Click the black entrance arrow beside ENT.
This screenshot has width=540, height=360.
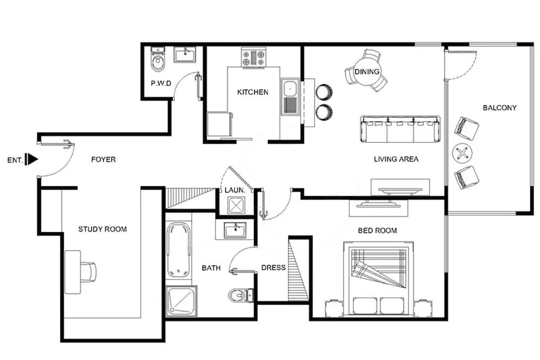click(31, 160)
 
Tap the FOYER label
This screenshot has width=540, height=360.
click(103, 159)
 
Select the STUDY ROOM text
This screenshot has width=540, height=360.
click(102, 229)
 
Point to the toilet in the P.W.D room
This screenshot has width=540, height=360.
click(158, 59)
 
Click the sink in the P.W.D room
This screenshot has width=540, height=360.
click(185, 55)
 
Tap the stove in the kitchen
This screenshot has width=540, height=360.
click(253, 57)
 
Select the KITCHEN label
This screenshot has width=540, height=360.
click(253, 92)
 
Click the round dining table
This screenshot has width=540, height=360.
click(367, 71)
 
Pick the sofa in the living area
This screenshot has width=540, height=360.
click(400, 129)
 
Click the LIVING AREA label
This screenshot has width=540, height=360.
click(396, 159)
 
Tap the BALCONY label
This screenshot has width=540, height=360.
click(500, 108)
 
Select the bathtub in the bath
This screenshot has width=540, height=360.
click(178, 249)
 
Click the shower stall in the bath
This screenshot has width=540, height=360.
click(181, 301)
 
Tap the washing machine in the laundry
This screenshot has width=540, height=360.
click(236, 206)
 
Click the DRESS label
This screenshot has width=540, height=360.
click(273, 267)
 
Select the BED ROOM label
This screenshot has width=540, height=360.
click(377, 230)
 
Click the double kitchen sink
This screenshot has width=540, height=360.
click(291, 97)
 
